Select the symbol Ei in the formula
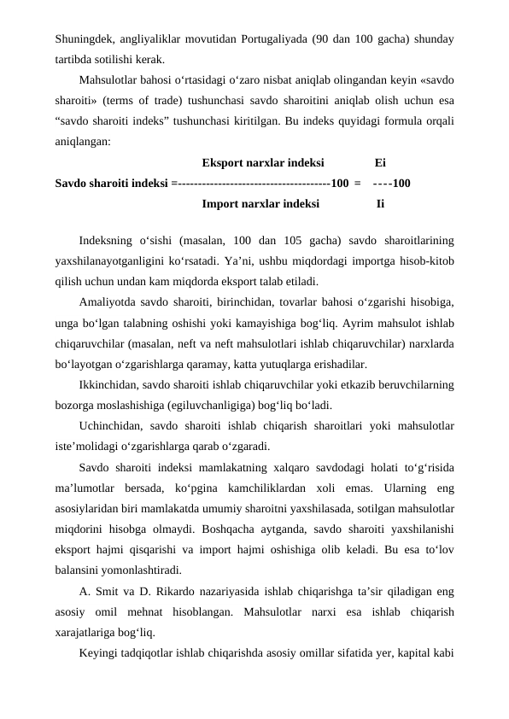pos(380,162)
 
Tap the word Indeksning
pos(108,242)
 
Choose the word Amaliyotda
pos(110,302)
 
